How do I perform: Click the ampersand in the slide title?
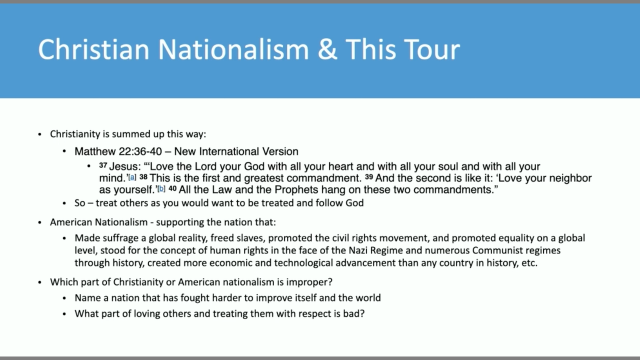click(327, 49)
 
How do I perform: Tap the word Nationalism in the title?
click(233, 49)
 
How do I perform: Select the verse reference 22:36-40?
click(140, 151)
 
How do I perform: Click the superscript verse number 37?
click(103, 165)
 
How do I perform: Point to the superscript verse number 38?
click(143, 177)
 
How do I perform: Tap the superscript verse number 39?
click(369, 177)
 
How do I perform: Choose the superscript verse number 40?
click(172, 188)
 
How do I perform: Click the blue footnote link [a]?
click(132, 177)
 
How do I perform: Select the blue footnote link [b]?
click(161, 189)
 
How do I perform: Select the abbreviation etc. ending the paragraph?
click(529, 263)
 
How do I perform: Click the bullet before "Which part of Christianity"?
click(39, 282)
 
